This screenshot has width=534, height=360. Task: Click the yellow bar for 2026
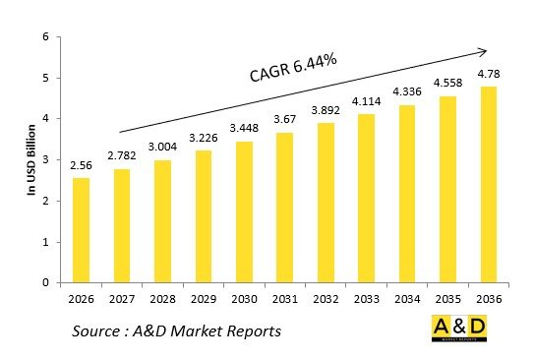click(81, 230)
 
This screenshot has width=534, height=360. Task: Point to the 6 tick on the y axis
click(43, 37)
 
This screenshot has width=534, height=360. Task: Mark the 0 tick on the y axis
click(43, 283)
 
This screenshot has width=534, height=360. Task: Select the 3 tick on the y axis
click(43, 160)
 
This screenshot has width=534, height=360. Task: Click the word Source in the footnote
click(102, 330)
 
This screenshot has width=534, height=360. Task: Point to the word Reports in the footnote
click(250, 330)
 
